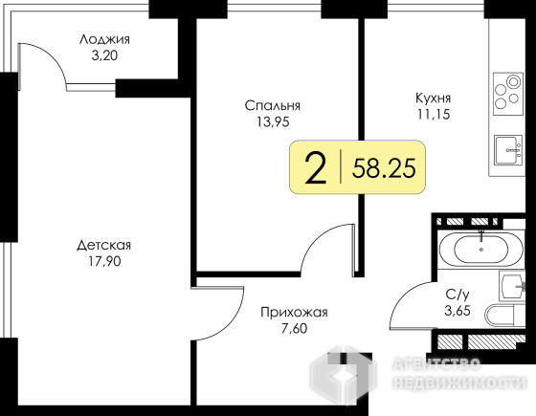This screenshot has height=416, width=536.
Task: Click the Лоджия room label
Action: tap(104, 40)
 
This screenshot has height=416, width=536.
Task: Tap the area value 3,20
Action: tap(104, 55)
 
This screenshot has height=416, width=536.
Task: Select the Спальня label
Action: tap(273, 105)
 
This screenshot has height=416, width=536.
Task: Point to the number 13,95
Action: tap(273, 121)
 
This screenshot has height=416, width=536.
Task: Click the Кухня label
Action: tap(433, 99)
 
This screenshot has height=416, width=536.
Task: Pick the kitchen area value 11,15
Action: tap(433, 114)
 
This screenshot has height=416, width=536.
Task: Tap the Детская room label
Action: tap(104, 246)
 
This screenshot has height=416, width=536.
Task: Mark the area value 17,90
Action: tap(104, 262)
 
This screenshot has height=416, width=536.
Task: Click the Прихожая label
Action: tap(294, 312)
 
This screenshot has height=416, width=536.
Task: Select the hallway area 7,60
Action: tap(294, 329)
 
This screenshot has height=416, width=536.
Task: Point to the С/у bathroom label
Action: tap(458, 295)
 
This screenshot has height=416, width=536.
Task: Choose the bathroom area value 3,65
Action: tap(458, 311)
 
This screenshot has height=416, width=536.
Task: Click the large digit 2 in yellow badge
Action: tap(315, 168)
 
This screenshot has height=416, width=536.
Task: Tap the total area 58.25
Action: tap(384, 168)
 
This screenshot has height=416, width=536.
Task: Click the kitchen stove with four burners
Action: tap(508, 94)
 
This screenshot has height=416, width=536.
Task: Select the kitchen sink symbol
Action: tap(508, 150)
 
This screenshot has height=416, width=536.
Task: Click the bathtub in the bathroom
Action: tap(480, 249)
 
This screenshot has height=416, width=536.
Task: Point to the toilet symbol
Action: tap(505, 316)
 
